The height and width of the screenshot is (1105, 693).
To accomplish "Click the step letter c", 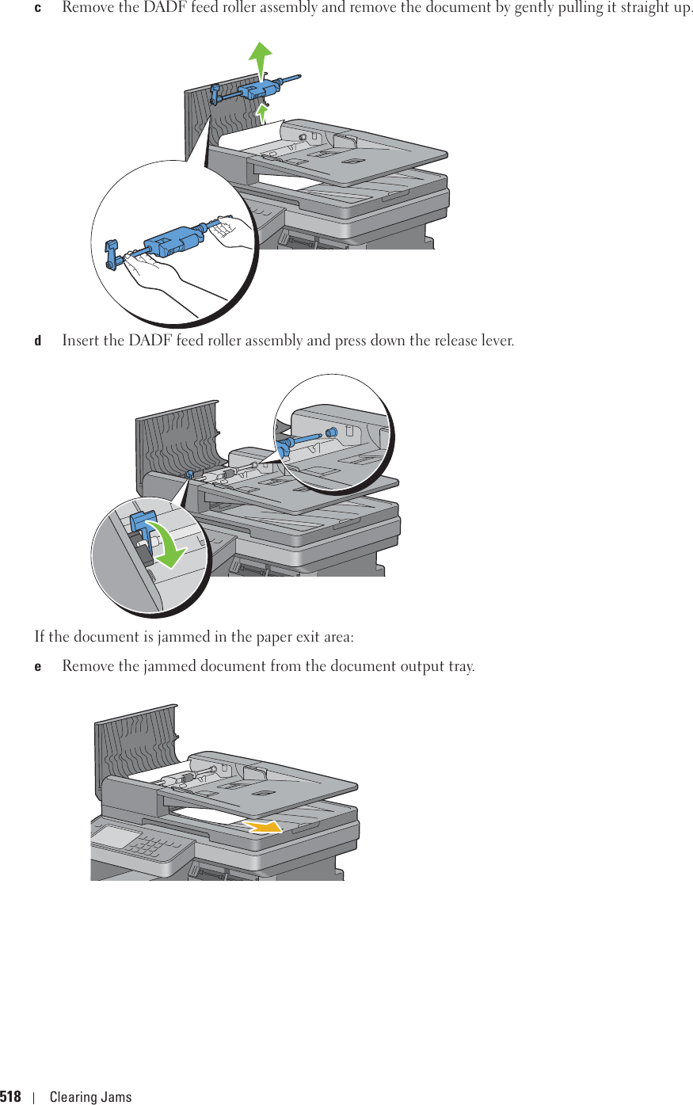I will click(37, 8).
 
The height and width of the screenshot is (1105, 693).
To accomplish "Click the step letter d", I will click(37, 341).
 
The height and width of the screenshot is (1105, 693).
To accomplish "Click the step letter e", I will click(37, 666).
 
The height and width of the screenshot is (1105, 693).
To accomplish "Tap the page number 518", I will click(10, 1097).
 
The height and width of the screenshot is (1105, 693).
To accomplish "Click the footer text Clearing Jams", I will click(90, 1097).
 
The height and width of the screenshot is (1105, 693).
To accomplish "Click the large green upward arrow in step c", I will click(260, 59).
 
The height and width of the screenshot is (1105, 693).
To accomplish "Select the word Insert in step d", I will click(81, 341).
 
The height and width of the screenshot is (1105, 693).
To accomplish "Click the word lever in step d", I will click(496, 341).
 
